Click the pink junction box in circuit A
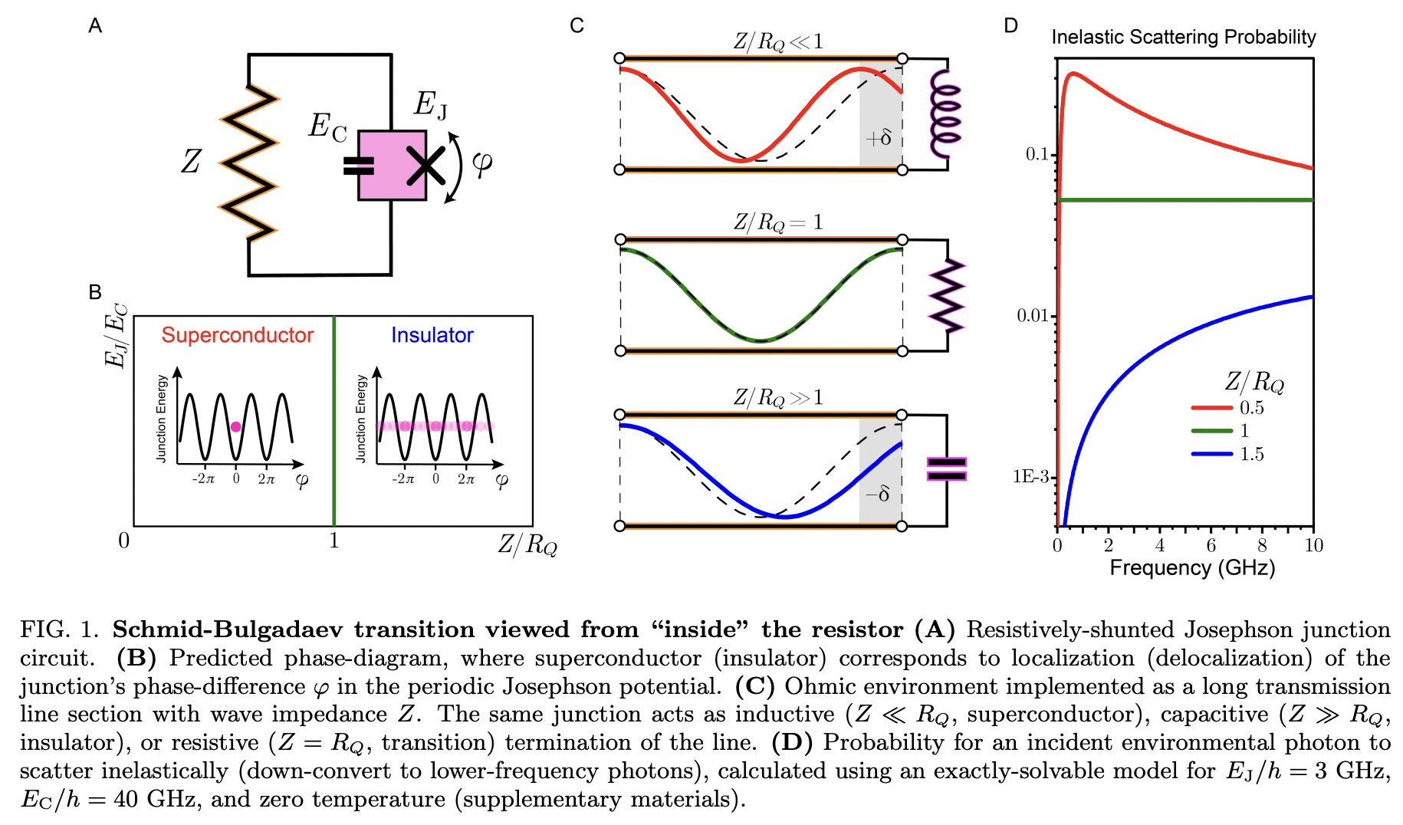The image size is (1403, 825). (392, 166)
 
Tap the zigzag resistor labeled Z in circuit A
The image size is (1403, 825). (248, 162)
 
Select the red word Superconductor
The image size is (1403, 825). (237, 335)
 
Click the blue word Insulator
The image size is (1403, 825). (432, 335)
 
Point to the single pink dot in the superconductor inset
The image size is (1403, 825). (235, 427)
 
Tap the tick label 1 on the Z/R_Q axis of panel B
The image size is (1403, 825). (334, 541)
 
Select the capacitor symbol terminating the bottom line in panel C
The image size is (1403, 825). (947, 469)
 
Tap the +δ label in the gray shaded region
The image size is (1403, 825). (879, 139)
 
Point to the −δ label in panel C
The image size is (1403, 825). (878, 494)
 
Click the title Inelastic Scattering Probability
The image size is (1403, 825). (1183, 37)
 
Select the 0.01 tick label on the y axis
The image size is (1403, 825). (1032, 316)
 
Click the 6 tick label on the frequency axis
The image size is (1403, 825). (1211, 545)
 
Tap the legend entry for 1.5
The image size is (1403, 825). (1251, 454)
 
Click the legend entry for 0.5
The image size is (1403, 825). (1251, 408)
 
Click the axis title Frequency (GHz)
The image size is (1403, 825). (1192, 568)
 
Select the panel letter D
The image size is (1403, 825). (1010, 26)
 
